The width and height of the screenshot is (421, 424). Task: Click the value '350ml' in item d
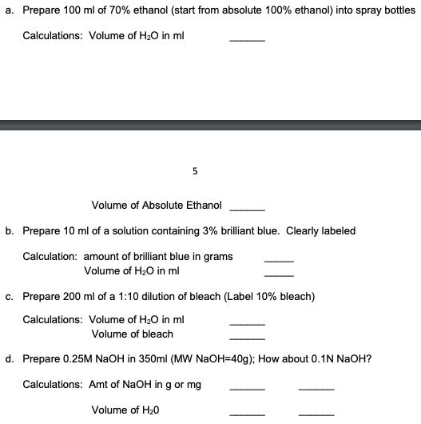154,359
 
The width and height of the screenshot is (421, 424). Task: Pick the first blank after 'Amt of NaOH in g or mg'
247,388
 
